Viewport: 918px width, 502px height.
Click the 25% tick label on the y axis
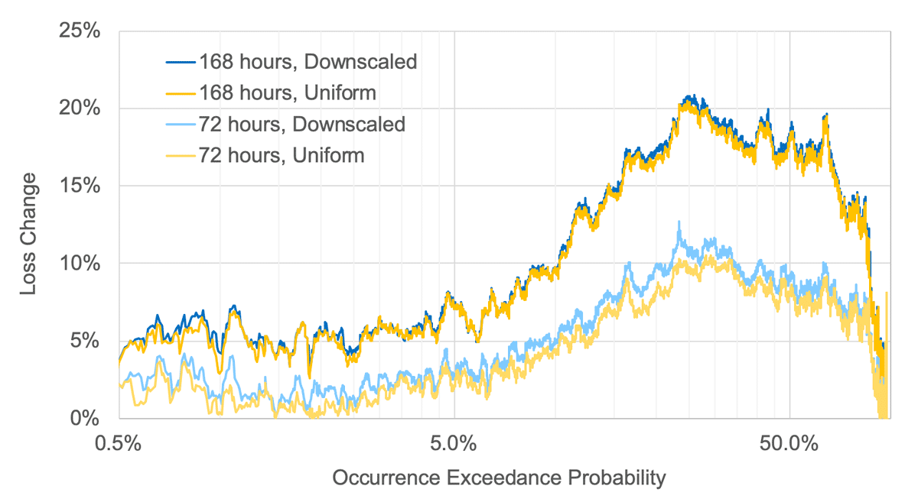point(80,31)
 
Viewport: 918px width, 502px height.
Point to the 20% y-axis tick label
point(80,108)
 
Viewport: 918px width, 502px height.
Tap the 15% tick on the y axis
point(80,186)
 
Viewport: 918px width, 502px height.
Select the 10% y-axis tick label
point(80,264)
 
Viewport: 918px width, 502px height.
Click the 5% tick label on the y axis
point(86,342)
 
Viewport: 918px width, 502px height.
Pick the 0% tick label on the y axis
point(86,419)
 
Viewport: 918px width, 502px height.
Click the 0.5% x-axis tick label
point(119,442)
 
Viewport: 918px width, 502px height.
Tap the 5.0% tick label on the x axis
point(454,442)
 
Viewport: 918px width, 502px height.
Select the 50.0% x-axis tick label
point(789,442)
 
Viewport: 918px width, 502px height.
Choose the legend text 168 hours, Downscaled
point(308,62)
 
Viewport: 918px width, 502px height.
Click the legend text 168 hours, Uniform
point(288,93)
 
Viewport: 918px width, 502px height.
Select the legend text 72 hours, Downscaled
point(303,125)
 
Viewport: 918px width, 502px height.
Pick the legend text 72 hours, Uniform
point(282,156)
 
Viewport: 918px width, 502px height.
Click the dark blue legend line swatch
point(181,62)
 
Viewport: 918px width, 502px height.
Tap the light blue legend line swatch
point(181,125)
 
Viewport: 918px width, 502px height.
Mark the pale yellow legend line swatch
point(181,156)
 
